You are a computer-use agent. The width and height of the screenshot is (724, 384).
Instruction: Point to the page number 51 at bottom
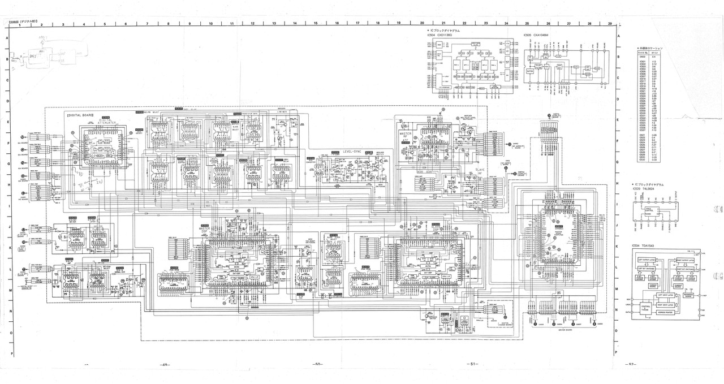pyautogui.click(x=473, y=364)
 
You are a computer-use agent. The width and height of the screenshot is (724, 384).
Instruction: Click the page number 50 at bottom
pyautogui.click(x=317, y=364)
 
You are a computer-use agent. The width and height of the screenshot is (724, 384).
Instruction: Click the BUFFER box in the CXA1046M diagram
pyautogui.click(x=530, y=72)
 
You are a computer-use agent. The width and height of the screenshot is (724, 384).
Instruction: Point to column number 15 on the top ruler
pyautogui.click(x=316, y=24)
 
